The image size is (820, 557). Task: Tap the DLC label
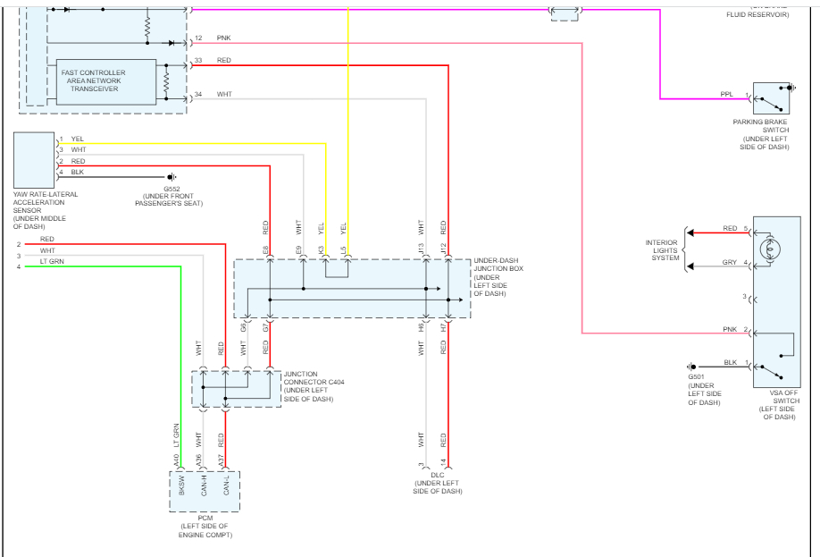(438, 483)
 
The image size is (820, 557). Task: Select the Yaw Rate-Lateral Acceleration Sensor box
(34, 159)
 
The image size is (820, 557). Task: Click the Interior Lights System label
(661, 250)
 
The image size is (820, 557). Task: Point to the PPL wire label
(727, 94)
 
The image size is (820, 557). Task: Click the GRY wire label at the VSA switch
(730, 263)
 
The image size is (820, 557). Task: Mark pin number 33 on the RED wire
(197, 60)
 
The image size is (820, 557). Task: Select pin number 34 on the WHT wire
(197, 94)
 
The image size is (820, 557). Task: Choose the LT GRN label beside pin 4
(50, 261)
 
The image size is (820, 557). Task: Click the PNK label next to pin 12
(223, 38)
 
